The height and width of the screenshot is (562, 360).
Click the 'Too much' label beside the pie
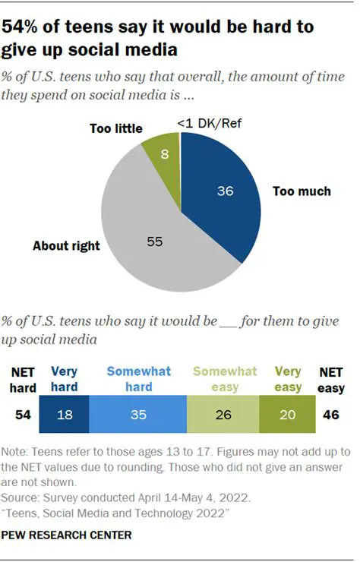tap(302, 191)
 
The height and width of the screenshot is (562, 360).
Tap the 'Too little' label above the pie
tap(115, 128)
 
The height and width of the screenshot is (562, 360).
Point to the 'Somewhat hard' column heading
tap(138, 378)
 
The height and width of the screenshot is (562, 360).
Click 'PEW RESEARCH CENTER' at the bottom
tap(67, 535)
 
